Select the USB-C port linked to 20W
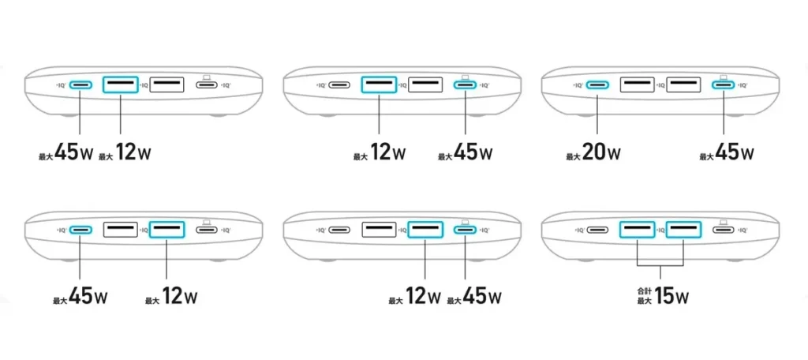(597, 84)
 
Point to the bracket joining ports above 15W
(660, 264)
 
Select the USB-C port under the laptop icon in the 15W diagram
(723, 231)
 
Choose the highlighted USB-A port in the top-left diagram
(121, 84)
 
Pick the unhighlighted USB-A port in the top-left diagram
(166, 84)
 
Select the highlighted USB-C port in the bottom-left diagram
(80, 231)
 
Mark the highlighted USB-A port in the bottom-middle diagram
(425, 231)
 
